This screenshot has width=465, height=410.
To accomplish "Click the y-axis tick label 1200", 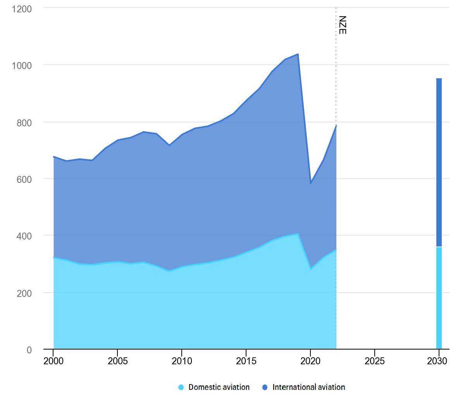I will pyautogui.click(x=22, y=9).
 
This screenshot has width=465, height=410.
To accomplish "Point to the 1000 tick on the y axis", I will pyautogui.click(x=22, y=65).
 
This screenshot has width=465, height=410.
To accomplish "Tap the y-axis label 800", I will pyautogui.click(x=24, y=123).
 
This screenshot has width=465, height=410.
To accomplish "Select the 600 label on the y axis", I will pyautogui.click(x=24, y=179).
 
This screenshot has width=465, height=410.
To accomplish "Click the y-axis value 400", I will pyautogui.click(x=24, y=236).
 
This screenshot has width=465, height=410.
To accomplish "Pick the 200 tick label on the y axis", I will pyautogui.click(x=24, y=293).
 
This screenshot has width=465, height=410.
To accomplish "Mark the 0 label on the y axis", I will pyautogui.click(x=29, y=350).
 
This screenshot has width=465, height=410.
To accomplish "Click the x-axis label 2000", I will pyautogui.click(x=53, y=361).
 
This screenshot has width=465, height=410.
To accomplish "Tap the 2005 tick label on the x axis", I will pyautogui.click(x=118, y=361).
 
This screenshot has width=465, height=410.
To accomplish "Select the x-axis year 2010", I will pyautogui.click(x=182, y=361).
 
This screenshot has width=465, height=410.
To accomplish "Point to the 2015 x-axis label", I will pyautogui.click(x=246, y=361).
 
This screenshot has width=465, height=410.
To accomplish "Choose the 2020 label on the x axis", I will pyautogui.click(x=310, y=361).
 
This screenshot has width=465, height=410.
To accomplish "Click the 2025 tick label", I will pyautogui.click(x=375, y=361).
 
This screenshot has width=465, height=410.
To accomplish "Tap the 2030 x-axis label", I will pyautogui.click(x=437, y=361).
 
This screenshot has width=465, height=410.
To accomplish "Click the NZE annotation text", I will pyautogui.click(x=343, y=25).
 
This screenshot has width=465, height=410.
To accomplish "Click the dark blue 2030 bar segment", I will pyautogui.click(x=439, y=163).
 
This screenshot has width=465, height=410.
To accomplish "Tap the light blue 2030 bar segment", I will pyautogui.click(x=439, y=298).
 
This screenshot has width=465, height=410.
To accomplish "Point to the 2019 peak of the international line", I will pyautogui.click(x=298, y=54).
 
